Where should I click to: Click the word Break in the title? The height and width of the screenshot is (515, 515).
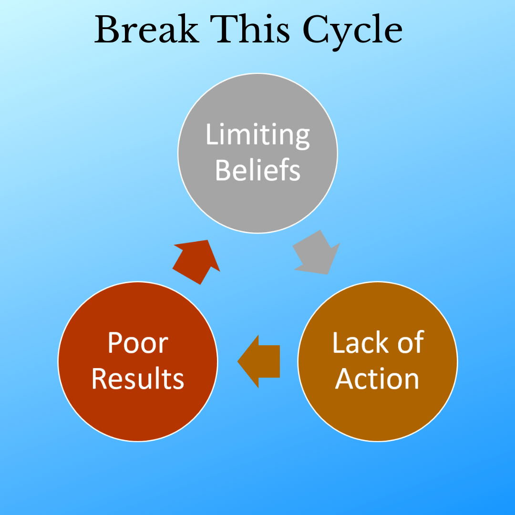(146, 29)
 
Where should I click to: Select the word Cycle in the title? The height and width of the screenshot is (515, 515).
(352, 32)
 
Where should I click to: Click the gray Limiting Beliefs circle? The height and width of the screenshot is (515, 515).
(258, 153)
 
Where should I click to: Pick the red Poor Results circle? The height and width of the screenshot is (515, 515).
(138, 361)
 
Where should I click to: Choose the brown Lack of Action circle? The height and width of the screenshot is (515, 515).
(378, 361)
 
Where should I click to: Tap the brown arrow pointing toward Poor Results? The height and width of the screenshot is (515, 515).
(258, 361)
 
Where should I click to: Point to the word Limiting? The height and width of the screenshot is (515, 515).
(258, 136)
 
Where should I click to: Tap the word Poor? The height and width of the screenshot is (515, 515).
(138, 343)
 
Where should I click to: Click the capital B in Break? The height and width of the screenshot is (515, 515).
(106, 29)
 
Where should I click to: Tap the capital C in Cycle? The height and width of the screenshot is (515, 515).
(315, 29)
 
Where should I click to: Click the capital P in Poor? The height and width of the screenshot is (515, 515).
(115, 342)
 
